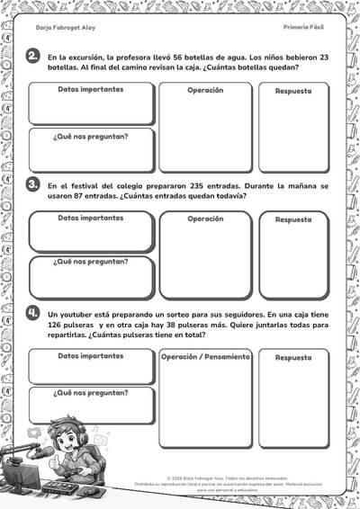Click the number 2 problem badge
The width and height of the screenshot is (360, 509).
pos(32,57)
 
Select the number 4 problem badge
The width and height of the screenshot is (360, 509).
pos(32,313)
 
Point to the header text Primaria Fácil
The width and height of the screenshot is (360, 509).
pos(303,28)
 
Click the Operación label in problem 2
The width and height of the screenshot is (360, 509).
pos(205,91)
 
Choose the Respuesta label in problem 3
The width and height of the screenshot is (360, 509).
pos(293,219)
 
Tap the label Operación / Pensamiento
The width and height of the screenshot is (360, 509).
pos(205,357)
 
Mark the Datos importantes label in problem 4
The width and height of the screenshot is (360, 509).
pos(90,356)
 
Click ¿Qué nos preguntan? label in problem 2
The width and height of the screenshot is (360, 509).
pos(90,138)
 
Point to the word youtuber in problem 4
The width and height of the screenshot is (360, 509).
pos(86,313)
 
